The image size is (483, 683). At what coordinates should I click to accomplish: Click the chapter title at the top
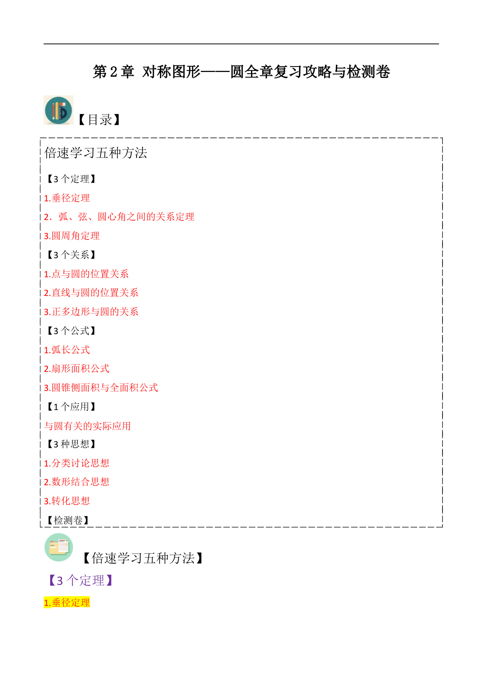point(241,72)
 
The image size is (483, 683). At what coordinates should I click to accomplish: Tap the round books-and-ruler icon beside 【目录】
point(58,110)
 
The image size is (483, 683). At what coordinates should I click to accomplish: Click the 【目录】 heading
point(99,120)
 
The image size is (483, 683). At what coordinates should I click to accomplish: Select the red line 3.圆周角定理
point(72,236)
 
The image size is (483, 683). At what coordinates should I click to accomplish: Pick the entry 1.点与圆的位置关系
point(86,274)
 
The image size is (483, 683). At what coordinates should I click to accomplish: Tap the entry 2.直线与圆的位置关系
point(91,292)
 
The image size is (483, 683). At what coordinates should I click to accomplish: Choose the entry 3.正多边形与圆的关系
point(91,312)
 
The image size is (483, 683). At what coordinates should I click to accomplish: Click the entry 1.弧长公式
point(67,350)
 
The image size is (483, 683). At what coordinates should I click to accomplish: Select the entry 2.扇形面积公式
point(77,368)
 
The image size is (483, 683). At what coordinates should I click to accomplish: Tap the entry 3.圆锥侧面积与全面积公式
point(101,387)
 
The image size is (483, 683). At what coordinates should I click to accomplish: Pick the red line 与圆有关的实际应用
point(88,426)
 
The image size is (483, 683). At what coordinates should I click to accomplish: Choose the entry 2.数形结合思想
point(77,482)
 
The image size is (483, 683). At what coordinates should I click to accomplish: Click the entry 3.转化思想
point(67,501)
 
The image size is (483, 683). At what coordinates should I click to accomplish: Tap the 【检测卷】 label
point(67,520)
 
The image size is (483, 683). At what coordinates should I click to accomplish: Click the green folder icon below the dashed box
point(59,547)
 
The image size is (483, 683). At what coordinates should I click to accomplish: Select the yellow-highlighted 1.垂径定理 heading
point(67,602)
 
